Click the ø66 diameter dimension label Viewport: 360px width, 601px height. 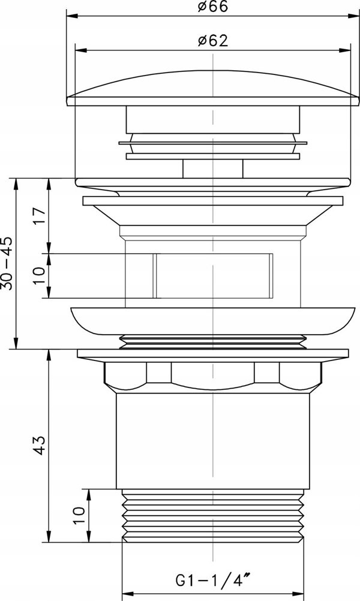coord(213,7)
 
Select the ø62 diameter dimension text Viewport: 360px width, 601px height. coord(213,40)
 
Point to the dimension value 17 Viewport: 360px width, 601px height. coord(40,216)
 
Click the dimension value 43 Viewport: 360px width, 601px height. coord(40,445)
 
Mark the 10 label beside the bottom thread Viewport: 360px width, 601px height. coord(78,516)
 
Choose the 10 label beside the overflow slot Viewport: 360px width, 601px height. coord(40,275)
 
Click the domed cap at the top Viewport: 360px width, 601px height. coord(213,88)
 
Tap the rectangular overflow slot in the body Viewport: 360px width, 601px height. coord(213,275)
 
